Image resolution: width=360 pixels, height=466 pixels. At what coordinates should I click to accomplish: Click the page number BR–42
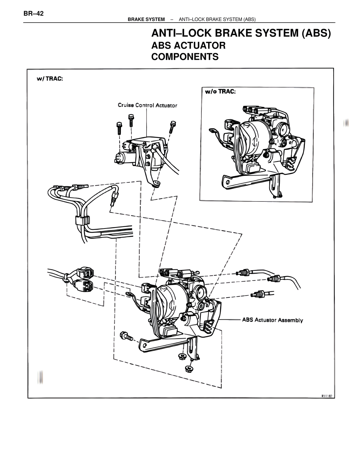pos(33,14)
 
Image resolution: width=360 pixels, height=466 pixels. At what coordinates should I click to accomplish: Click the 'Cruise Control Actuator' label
pos(147,105)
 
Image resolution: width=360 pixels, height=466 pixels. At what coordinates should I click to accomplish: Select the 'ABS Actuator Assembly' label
pos(272,320)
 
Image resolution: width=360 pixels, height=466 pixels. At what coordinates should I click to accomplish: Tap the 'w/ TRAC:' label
pos(50,79)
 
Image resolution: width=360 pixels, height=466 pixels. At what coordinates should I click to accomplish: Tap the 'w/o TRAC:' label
pos(220,92)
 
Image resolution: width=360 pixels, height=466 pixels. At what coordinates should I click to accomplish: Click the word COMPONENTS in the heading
pos(185,57)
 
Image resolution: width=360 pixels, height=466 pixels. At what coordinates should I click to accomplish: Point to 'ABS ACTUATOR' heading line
pos(188,45)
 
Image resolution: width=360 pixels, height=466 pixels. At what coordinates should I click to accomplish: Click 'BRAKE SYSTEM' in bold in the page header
pos(146,19)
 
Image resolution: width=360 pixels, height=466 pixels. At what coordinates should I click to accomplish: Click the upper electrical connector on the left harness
pos(86,272)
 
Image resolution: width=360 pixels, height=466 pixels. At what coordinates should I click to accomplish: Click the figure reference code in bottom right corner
pos(327,396)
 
